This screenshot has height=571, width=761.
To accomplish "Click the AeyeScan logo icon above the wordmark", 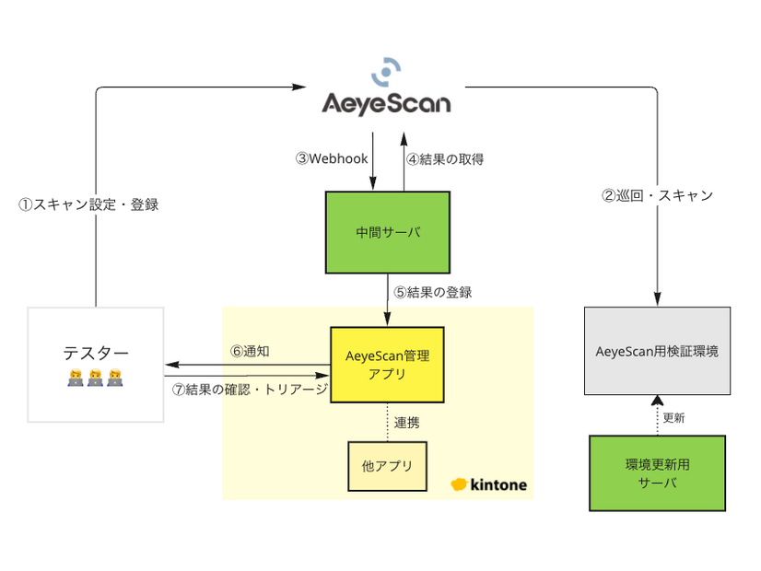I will point(386,72).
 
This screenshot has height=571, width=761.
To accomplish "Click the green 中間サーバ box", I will point(388,232).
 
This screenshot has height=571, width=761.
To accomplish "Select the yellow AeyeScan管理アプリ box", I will point(387,364).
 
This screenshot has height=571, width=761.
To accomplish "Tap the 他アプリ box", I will point(387,466).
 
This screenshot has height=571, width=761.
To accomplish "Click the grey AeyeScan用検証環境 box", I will point(657,351).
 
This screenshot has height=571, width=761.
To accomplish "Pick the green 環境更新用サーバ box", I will point(657,472).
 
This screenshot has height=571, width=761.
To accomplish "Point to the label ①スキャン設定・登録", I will point(88,204).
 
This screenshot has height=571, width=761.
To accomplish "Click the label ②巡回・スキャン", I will point(657,195).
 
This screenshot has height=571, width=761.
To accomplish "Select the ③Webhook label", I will point(332,158).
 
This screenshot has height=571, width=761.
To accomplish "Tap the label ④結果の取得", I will point(445,158).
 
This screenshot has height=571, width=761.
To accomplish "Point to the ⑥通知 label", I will point(249,351).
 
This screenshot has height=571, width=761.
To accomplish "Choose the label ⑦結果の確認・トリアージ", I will point(250,390).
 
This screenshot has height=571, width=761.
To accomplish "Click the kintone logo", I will point(488,484).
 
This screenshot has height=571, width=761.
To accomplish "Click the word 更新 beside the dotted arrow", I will point(673,417).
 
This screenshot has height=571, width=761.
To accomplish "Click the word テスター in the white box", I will point(96,352).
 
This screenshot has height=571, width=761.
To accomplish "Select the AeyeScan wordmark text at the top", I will point(386,102).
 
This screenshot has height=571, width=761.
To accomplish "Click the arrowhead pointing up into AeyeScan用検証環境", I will point(657,400).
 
